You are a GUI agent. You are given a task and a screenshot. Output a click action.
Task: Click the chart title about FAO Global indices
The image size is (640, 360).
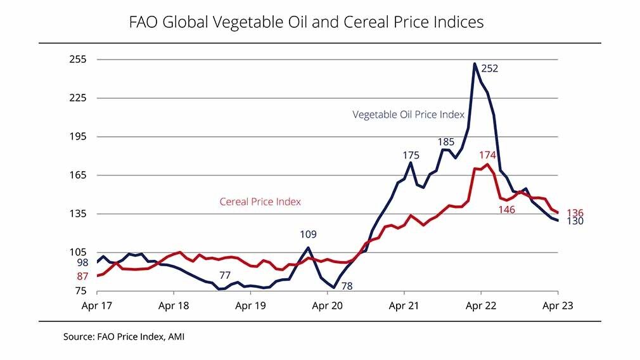coord(306,22)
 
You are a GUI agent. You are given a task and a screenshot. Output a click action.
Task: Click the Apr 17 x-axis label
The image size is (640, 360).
coord(97,305)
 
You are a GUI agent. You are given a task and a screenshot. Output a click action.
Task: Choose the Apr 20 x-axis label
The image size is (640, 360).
coord(327,305)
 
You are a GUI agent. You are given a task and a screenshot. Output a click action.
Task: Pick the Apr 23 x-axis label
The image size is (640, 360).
coord(558,305)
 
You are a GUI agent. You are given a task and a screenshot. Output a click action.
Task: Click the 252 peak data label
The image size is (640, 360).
coord(490,68)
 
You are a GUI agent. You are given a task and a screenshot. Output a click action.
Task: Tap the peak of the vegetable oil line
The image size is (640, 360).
coord(475,63)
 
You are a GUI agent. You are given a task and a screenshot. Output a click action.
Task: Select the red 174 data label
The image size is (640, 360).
coord(488,155)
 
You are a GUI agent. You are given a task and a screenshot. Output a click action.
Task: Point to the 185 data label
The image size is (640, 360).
coord(446,142)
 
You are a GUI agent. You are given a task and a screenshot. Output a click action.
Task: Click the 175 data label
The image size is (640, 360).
coord(411,155)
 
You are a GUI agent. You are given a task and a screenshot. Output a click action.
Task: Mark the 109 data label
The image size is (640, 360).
coord(308,235)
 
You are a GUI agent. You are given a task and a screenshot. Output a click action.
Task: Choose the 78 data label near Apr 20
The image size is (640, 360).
coord(347,286)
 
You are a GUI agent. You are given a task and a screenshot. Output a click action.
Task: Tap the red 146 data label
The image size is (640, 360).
coord(506,209)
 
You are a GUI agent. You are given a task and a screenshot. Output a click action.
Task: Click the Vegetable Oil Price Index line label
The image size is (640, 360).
coord(409,115)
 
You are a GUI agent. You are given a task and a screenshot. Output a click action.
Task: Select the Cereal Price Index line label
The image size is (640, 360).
coord(260,202)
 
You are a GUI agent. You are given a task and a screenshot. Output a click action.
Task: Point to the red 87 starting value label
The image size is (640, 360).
coord(83,276)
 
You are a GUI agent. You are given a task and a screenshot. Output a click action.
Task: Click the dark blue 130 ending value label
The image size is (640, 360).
coord(575,221)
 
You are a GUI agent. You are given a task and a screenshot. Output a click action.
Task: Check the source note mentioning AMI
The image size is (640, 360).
coord(124,337)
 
